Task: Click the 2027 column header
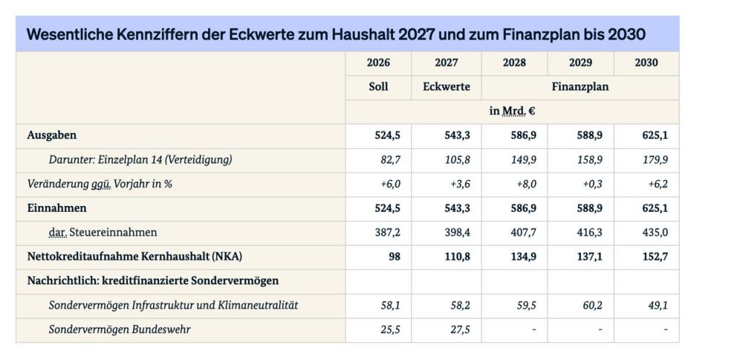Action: (446, 63)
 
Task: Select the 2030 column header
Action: (646, 63)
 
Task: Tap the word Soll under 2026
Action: (378, 87)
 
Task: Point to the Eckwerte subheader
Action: (446, 87)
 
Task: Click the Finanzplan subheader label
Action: (580, 87)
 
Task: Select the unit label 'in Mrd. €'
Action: (512, 111)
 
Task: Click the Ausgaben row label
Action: (52, 135)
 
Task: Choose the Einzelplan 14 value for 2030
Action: (653, 159)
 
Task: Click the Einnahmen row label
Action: (57, 208)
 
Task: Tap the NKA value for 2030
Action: (653, 257)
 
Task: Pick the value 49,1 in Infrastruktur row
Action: (656, 305)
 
